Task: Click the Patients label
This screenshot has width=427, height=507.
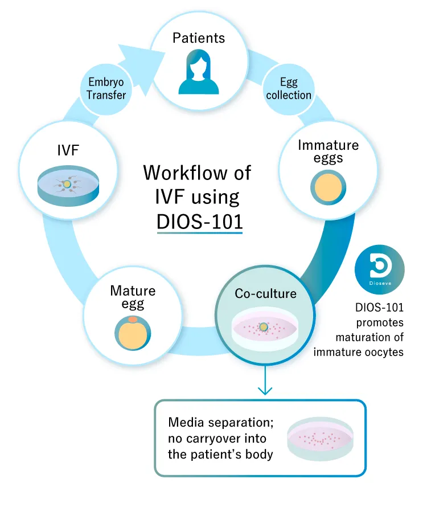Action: point(199,38)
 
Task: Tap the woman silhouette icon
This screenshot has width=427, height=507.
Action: point(199,73)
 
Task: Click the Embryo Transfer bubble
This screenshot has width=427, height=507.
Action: point(106,89)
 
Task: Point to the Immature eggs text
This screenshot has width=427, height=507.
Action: point(328,150)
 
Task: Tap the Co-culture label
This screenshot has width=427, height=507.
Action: point(266,294)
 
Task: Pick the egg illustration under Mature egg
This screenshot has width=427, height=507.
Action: point(133,333)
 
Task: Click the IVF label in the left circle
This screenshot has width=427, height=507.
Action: point(68,150)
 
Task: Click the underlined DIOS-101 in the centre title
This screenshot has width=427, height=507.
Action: point(200,222)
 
